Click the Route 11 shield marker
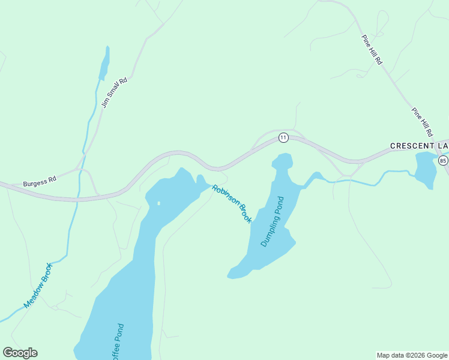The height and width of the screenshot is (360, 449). [x=283, y=138]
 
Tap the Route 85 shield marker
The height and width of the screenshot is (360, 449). [x=443, y=161]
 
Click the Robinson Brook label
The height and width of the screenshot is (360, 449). [x=232, y=204]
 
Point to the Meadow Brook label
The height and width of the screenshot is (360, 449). [x=38, y=286]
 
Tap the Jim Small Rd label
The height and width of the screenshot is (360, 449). [x=115, y=92]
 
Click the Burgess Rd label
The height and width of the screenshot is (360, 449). [x=40, y=181]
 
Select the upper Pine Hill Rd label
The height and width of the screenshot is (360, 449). [x=372, y=50]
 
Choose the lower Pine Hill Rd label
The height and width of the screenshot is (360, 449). [x=422, y=121]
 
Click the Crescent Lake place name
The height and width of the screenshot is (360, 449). [x=419, y=146]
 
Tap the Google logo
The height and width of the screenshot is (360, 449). [x=20, y=353]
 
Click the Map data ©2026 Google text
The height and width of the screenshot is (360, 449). [x=412, y=355]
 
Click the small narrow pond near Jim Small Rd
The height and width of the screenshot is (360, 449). [x=104, y=64]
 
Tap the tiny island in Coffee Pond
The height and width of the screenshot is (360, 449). [x=158, y=203]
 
